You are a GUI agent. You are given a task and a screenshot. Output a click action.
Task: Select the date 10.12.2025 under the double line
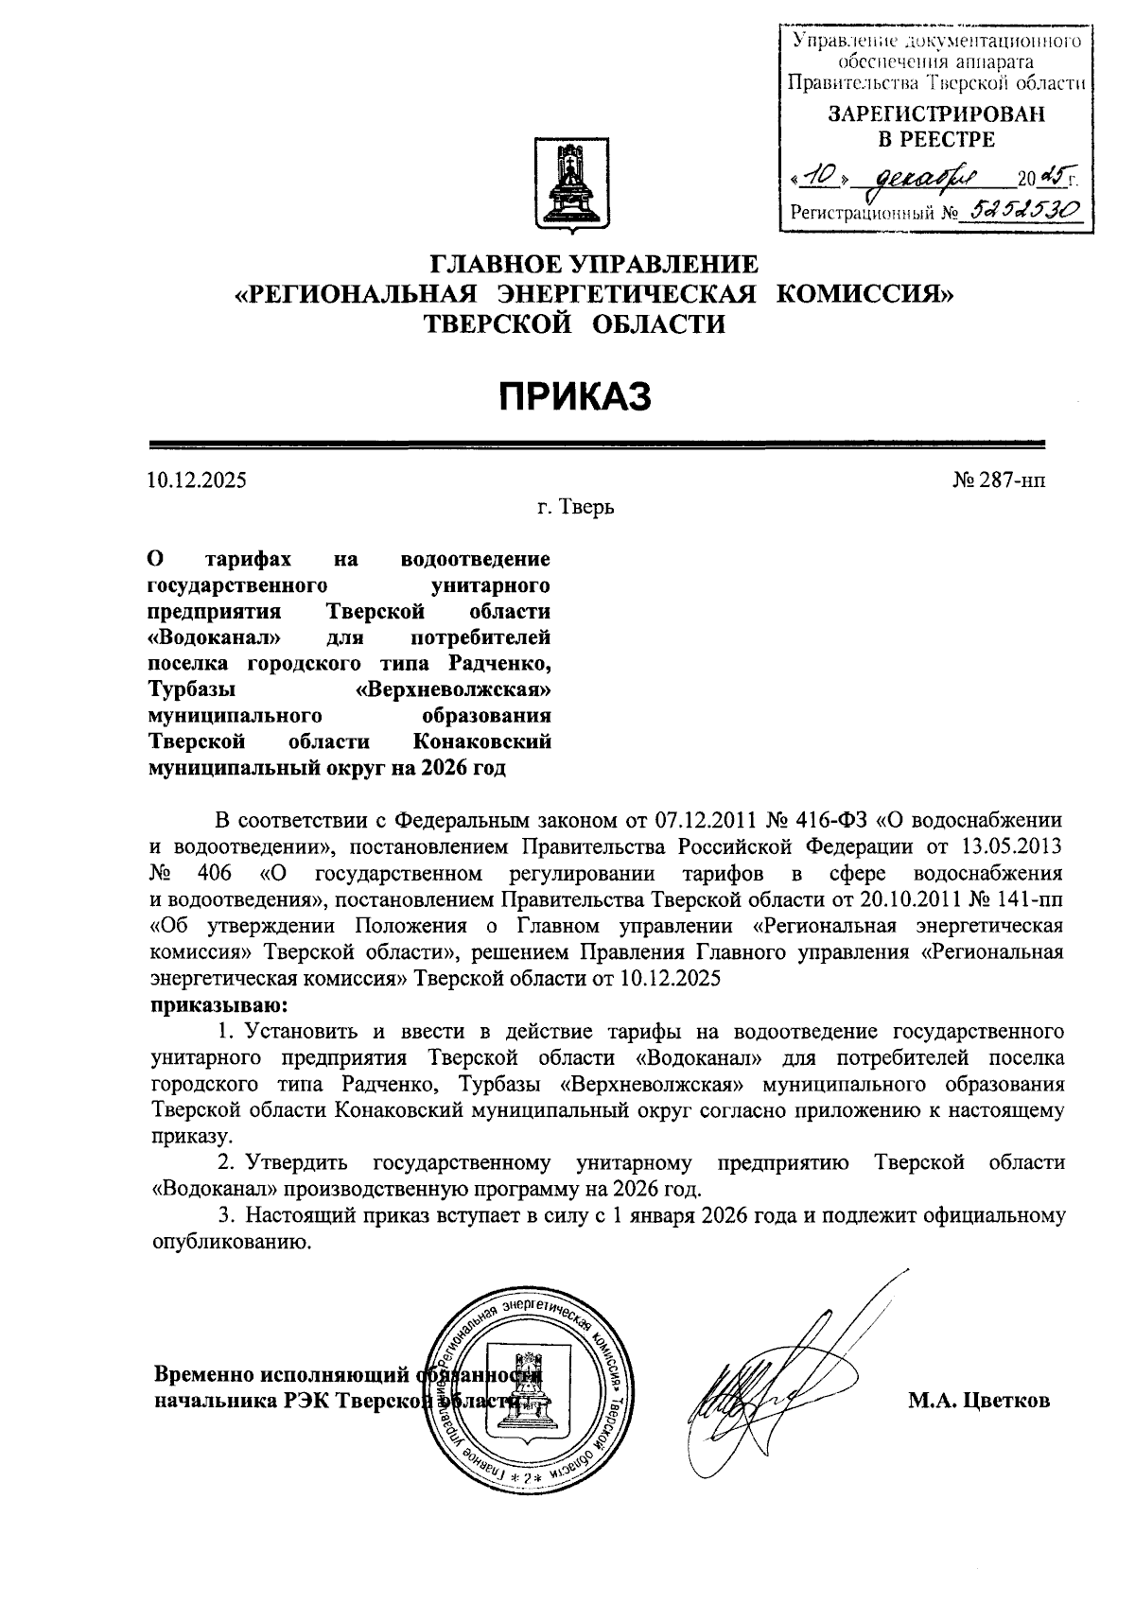[197, 480]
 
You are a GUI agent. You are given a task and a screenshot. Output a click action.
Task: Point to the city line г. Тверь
[576, 508]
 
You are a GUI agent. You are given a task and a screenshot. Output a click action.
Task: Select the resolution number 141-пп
[1033, 898]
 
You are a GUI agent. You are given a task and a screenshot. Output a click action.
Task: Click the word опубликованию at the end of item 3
[232, 1242]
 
